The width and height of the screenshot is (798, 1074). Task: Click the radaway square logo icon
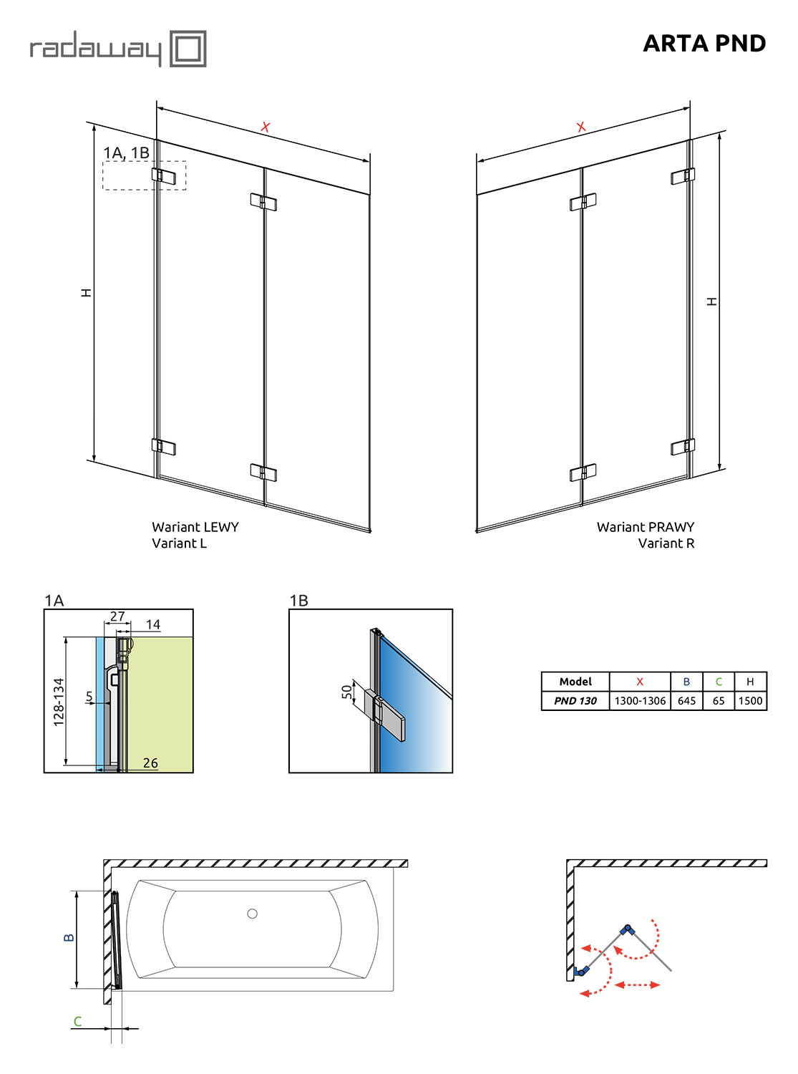188,49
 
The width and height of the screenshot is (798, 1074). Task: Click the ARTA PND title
704,44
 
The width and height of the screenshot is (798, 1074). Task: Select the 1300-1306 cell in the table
639,701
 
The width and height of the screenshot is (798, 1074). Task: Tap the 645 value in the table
686,701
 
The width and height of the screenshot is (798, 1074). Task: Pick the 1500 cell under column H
749,701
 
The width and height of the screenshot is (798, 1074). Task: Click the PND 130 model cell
575,701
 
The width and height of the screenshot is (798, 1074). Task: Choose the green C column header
718,682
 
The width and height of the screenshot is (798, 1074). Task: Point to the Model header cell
575,682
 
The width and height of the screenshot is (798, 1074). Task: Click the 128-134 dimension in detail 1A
58,702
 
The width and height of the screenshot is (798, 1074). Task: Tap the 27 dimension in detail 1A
117,616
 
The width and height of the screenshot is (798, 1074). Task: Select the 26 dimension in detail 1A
150,763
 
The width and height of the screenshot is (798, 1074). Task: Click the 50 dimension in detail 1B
346,692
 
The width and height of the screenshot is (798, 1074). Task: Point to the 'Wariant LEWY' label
195,527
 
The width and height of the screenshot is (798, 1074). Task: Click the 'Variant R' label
666,543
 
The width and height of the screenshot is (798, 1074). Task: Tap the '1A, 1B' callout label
127,153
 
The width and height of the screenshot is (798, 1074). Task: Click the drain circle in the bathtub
252,914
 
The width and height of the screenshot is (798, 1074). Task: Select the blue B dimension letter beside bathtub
69,937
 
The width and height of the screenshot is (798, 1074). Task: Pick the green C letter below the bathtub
77,1021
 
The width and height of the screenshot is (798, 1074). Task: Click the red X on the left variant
265,127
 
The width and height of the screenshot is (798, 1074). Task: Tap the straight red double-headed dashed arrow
637,984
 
